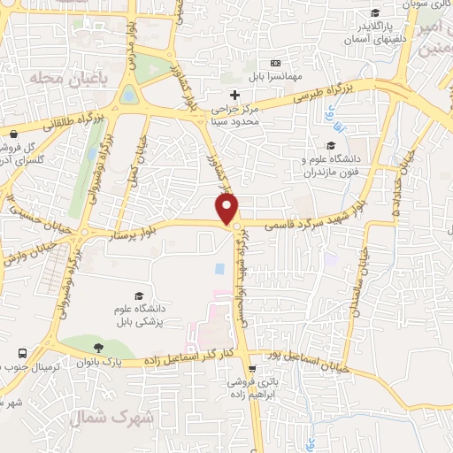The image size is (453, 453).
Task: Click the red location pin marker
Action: click(228, 209)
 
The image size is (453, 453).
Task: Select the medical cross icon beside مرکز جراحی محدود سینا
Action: click(234, 95)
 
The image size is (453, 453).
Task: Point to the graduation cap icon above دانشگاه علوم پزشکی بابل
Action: click(138, 296)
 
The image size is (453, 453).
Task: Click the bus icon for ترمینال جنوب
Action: click(22, 352)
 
